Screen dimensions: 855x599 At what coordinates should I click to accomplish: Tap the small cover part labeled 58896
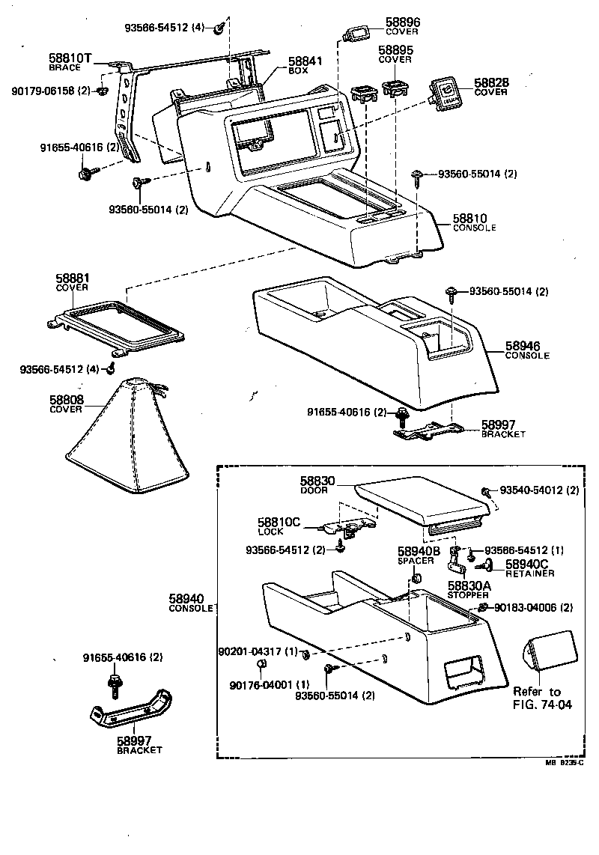(x=355, y=33)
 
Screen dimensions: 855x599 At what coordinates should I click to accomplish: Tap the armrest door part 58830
(x=423, y=502)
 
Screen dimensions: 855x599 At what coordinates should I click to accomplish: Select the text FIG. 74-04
(x=542, y=705)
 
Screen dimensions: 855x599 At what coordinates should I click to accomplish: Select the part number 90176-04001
(x=260, y=684)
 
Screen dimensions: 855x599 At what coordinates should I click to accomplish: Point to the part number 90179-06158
(x=50, y=91)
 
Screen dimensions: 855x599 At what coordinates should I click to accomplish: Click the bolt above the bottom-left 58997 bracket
(x=114, y=684)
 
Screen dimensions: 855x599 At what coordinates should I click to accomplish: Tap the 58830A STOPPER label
(x=468, y=588)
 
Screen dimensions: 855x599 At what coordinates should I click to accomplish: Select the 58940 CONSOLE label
(x=190, y=603)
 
